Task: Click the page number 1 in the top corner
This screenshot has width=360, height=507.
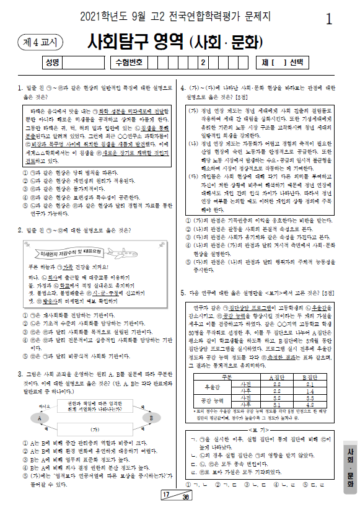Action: coord(329,19)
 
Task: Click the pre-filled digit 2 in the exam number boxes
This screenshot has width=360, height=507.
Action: coord(202,62)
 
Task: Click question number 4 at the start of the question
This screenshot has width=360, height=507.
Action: coord(183,87)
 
